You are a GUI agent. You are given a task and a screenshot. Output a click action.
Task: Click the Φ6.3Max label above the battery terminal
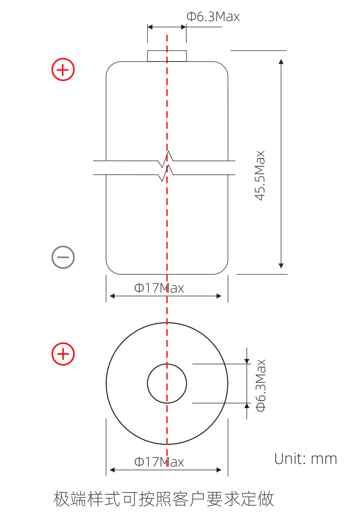[213, 16]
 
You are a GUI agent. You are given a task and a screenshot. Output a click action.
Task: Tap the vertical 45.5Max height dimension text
[260, 175]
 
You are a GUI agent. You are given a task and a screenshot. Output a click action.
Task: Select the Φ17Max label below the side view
[159, 288]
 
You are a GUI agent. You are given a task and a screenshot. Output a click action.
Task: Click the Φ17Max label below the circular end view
[159, 462]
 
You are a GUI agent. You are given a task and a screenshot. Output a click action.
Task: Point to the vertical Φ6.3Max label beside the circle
[261, 386]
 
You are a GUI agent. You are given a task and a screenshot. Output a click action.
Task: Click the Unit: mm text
[306, 459]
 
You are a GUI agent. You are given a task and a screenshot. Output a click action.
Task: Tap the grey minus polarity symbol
[63, 257]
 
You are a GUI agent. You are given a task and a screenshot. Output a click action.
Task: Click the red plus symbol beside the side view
[63, 69]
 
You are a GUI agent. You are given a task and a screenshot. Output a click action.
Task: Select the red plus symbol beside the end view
[63, 354]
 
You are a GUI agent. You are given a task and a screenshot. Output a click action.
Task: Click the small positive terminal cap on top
[167, 56]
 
